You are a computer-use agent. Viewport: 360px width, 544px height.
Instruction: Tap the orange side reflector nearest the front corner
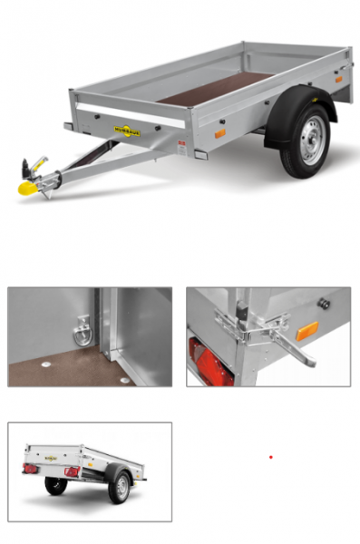(x=219, y=133)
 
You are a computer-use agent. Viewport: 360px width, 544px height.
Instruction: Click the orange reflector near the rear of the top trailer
(x=338, y=79)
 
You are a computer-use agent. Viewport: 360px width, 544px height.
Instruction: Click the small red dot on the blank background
(x=270, y=457)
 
